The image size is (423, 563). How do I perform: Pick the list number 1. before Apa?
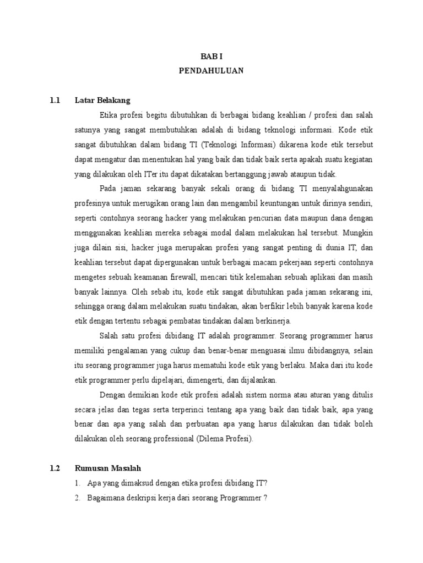pyautogui.click(x=77, y=483)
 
